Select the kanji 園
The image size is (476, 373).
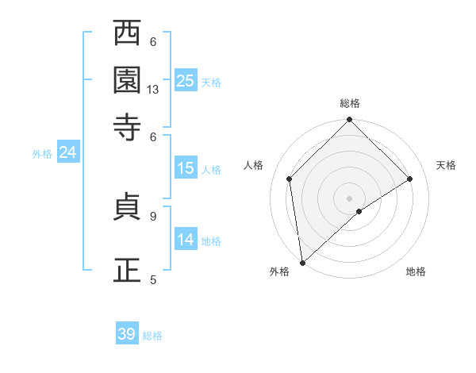pos(127,79)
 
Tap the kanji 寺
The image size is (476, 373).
pos(127,126)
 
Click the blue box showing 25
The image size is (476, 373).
pos(186,81)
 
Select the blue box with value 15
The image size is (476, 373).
pos(186,168)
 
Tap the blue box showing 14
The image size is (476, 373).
pos(186,240)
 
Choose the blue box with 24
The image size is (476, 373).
pos(67,152)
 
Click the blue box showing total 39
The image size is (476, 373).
pos(127,334)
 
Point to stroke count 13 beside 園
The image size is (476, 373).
pos(153,90)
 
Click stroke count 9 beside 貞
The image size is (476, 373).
pos(153,215)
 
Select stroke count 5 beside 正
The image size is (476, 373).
pos(153,279)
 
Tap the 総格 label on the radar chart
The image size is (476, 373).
pos(350,103)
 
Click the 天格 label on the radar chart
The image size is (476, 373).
pos(446,165)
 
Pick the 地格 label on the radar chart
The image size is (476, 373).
pos(416,272)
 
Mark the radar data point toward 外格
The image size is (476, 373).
pos(302,263)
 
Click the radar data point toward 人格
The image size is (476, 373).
pos(290,179)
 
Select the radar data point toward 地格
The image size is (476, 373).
pos(359,211)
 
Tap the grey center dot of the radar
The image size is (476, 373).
pos(350,198)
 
